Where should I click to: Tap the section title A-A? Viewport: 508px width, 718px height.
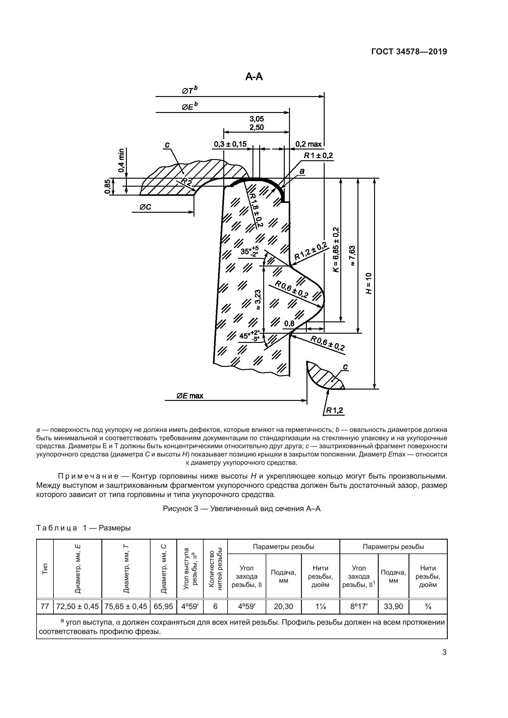(254, 76)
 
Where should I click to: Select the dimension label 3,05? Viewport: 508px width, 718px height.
(256, 119)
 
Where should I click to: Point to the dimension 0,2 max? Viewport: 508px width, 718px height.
(308, 144)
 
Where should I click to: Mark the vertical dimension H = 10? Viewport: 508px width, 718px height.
(369, 283)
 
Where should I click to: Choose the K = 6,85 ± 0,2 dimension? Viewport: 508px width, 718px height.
(336, 250)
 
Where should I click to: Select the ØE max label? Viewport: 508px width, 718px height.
(190, 396)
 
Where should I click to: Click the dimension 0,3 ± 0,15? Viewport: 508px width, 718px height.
(230, 144)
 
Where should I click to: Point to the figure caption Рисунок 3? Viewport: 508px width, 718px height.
(241, 509)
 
